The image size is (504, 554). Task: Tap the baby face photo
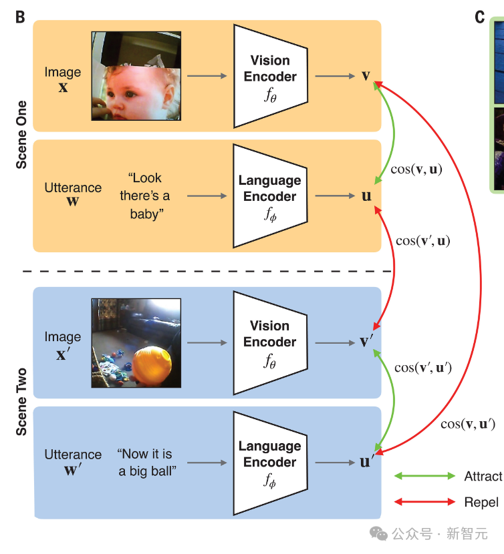click(136, 76)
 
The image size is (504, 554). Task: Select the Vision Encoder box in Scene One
click(269, 76)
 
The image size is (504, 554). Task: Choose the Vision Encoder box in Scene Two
click(269, 342)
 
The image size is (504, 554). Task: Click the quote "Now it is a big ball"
click(146, 463)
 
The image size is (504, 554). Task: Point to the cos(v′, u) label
click(422, 241)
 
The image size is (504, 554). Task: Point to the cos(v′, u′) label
click(423, 367)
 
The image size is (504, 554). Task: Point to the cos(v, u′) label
click(468, 423)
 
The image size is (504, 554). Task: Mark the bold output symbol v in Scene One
click(366, 75)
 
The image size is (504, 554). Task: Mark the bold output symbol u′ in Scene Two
click(366, 461)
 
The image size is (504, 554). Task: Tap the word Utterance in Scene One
click(73, 188)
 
